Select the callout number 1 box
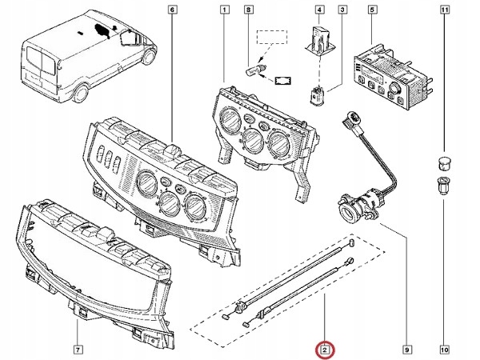pyautogui.click(x=225, y=10)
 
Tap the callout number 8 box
pyautogui.click(x=248, y=10)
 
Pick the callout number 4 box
pyautogui.click(x=319, y=10)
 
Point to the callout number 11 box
pyautogui.click(x=444, y=10)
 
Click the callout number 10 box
pyautogui.click(x=444, y=350)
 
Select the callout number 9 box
pyautogui.click(x=406, y=350)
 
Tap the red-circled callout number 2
pyautogui.click(x=325, y=350)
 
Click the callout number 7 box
pyautogui.click(x=77, y=350)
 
